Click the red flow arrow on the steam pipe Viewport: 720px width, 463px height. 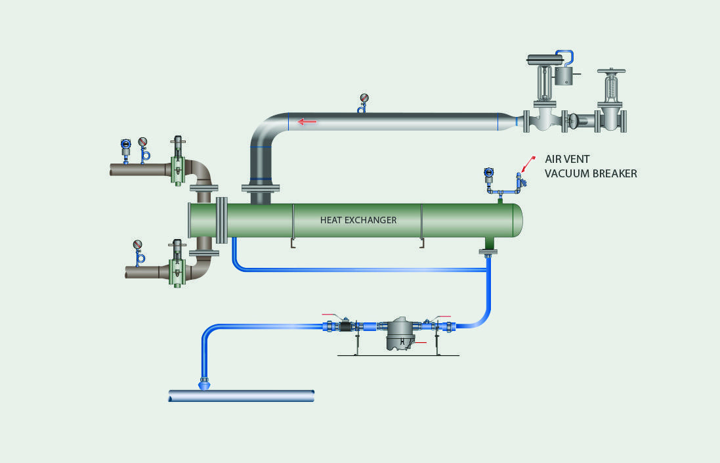click(306, 121)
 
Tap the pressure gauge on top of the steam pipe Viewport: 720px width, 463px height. click(364, 99)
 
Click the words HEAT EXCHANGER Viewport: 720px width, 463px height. click(358, 220)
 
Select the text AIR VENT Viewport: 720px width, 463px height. click(568, 159)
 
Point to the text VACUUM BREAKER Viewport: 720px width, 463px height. click(591, 174)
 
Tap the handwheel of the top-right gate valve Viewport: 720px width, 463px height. click(612, 70)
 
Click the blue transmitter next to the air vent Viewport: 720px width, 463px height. click(488, 174)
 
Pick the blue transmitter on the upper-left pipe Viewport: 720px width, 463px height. click(125, 144)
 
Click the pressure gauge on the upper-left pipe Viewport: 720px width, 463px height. click(143, 141)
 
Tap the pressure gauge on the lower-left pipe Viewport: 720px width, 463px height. click(138, 245)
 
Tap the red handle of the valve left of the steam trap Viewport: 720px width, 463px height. click(333, 316)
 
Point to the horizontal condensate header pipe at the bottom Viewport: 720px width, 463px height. click(242, 395)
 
